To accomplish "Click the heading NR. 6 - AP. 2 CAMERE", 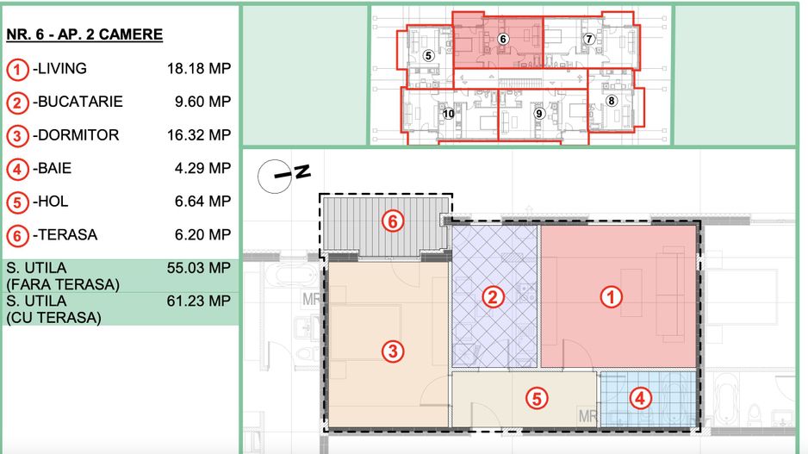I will (84, 35).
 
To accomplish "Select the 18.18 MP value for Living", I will (199, 69).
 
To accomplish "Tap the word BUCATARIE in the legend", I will (80, 102).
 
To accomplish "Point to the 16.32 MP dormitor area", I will (199, 135).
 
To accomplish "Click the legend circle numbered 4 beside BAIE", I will (17, 169).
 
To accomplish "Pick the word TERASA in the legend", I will (68, 235).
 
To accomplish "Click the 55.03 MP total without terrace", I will (199, 268).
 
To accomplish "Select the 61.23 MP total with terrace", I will (199, 301).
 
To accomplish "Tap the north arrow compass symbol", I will (283, 175).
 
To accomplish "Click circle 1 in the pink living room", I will (611, 297).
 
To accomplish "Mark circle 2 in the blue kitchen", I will (493, 297).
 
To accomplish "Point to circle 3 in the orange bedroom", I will (392, 351).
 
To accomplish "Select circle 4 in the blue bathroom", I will (638, 398).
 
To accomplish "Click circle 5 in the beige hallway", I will (536, 399).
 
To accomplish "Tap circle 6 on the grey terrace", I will (393, 221).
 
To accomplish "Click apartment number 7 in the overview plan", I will (589, 39).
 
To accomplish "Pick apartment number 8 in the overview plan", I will (612, 100).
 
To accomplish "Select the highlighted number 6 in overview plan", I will (503, 39).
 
